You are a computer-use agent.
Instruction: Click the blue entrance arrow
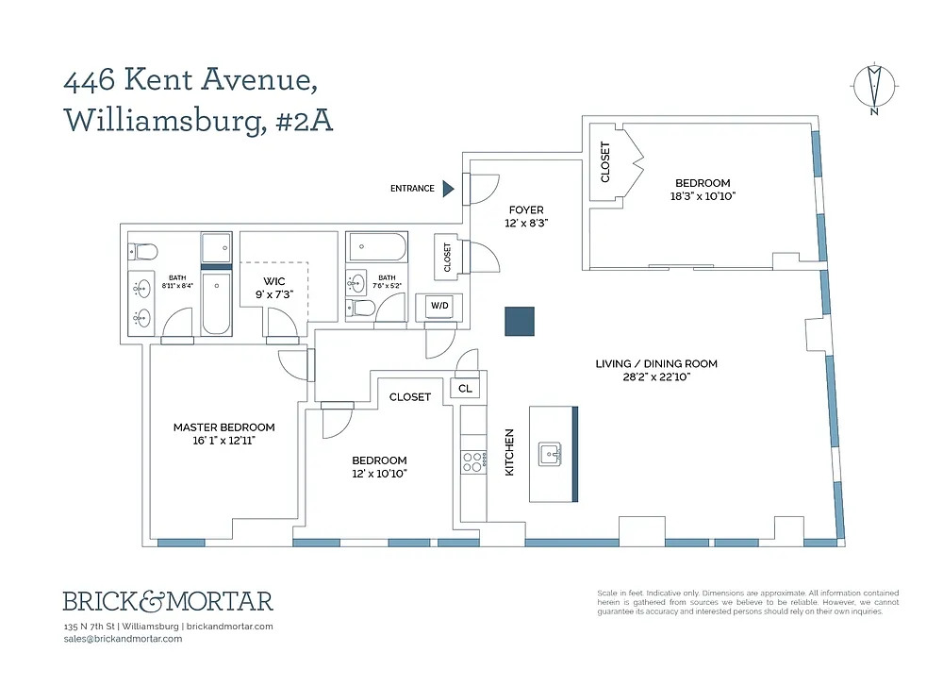pyautogui.click(x=448, y=189)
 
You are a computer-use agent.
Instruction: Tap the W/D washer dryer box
pyautogui.click(x=439, y=306)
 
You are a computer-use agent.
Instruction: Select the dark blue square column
pyautogui.click(x=520, y=322)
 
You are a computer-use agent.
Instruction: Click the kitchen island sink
pyautogui.click(x=551, y=454)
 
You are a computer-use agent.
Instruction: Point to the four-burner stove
pyautogui.click(x=474, y=462)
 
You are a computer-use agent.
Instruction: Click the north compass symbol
pyautogui.click(x=874, y=88)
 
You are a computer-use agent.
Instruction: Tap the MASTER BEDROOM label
pyautogui.click(x=223, y=427)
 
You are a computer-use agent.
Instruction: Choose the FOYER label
pyautogui.click(x=526, y=210)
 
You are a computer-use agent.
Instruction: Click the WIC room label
pyautogui.click(x=274, y=281)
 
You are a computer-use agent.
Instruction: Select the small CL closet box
pyautogui.click(x=465, y=389)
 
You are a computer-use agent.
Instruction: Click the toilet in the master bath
pyautogui.click(x=143, y=251)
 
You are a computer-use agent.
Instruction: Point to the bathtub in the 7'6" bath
pyautogui.click(x=377, y=246)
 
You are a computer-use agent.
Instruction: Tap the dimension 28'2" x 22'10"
pyautogui.click(x=656, y=377)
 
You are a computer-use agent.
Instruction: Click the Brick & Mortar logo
pyautogui.click(x=169, y=601)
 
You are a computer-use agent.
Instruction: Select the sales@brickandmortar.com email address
pyautogui.click(x=123, y=639)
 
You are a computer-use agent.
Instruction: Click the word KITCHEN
pyautogui.click(x=509, y=453)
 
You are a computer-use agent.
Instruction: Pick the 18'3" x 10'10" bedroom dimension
pyautogui.click(x=703, y=196)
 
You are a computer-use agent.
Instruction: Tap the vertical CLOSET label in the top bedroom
pyautogui.click(x=605, y=162)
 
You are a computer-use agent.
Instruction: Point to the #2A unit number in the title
pyautogui.click(x=304, y=120)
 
